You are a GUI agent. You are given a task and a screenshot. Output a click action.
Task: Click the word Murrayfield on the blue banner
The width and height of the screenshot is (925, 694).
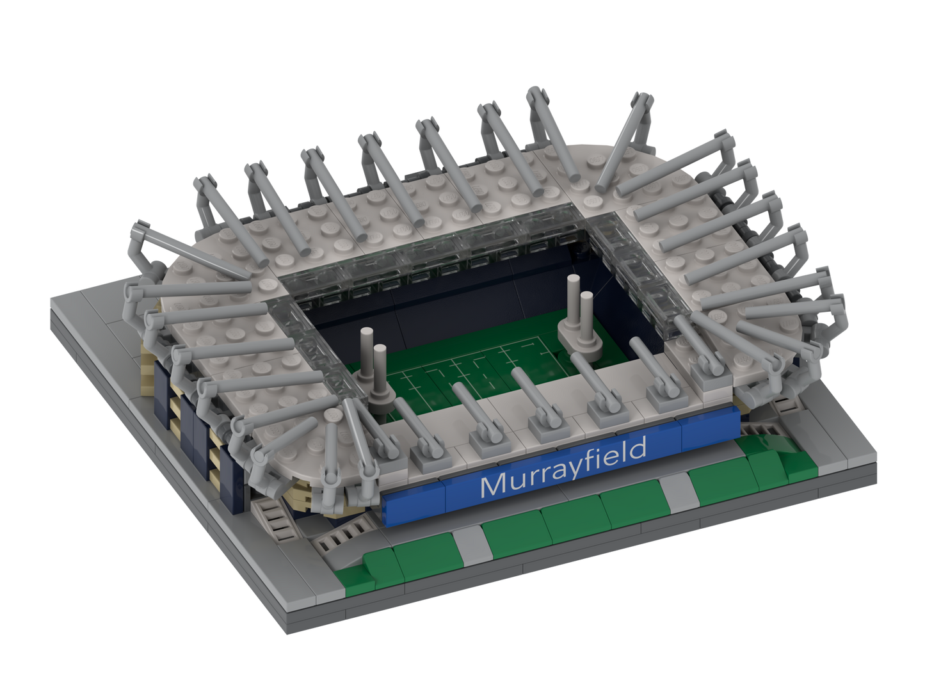click(563, 467)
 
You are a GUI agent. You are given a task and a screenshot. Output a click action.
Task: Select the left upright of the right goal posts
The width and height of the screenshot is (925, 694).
click(572, 303)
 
